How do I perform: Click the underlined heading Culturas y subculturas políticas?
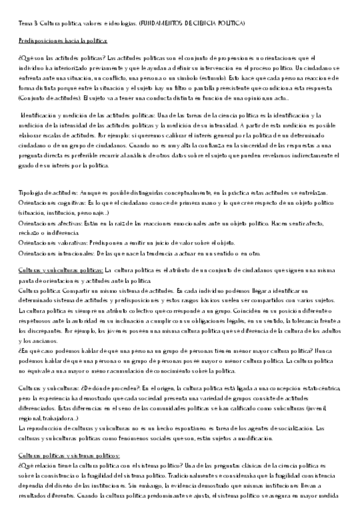(x=61, y=270)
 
